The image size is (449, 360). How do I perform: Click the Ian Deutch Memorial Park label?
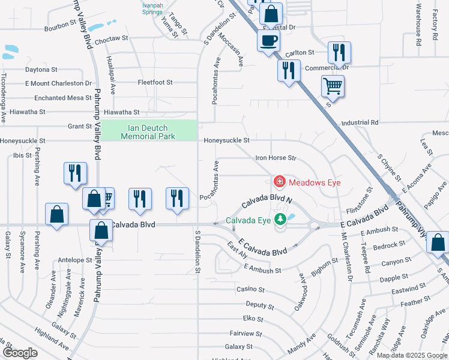(x=148, y=132)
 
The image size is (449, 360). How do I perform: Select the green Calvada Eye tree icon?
(x=279, y=220)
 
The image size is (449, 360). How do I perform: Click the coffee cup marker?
(x=268, y=41)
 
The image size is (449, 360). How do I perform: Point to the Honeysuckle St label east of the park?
(x=226, y=140)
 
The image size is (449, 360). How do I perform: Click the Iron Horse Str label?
(x=277, y=158)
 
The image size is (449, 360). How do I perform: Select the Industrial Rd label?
(x=360, y=122)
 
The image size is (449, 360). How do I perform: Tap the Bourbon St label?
(x=60, y=28)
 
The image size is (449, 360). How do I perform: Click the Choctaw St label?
(x=112, y=38)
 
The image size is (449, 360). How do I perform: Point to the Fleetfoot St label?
(x=155, y=82)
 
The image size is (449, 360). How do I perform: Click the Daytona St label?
(x=41, y=70)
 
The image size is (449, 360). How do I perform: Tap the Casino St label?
(x=247, y=289)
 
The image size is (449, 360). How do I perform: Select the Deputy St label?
(x=259, y=305)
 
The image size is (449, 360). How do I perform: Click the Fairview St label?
(x=246, y=334)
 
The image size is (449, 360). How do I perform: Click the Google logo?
(x=20, y=353)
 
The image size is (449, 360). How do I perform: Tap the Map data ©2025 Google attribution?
(x=411, y=355)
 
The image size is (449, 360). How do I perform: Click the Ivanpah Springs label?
(x=152, y=8)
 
